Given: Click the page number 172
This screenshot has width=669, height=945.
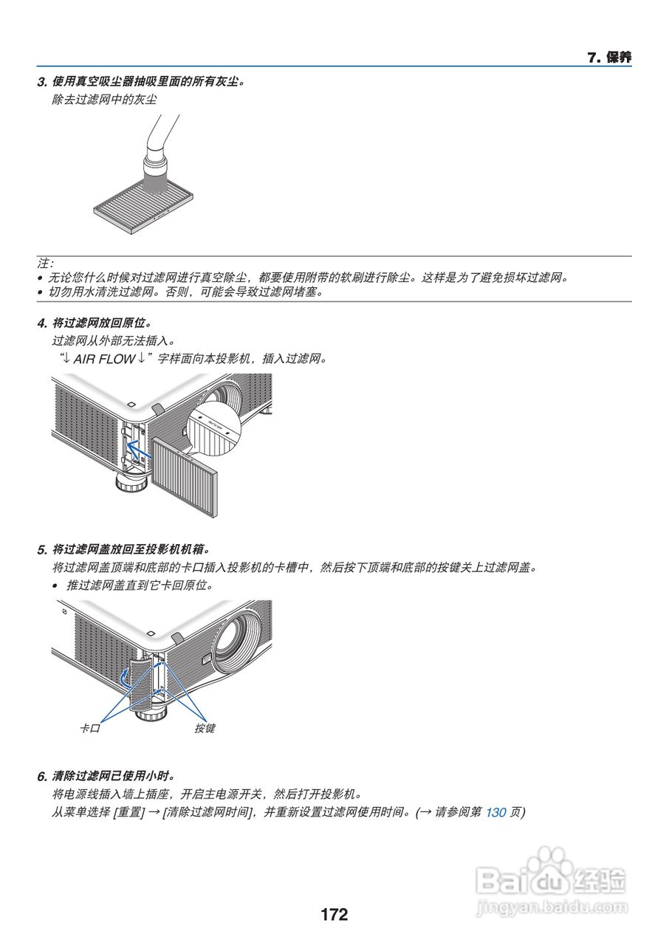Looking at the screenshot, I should click(334, 915).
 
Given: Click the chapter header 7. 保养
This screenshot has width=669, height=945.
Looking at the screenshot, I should click(609, 58).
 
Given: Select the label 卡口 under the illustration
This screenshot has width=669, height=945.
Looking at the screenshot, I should click(89, 729).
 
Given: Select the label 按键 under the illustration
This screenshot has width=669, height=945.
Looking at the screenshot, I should click(205, 729).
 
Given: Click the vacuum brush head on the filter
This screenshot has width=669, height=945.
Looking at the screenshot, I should click(156, 177).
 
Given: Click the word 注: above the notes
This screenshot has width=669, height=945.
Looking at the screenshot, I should click(45, 264).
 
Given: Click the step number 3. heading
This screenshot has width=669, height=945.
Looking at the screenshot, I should click(42, 81).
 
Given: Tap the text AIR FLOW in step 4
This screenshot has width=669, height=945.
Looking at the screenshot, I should click(103, 359).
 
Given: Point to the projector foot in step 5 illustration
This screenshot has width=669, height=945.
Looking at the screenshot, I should click(150, 710).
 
